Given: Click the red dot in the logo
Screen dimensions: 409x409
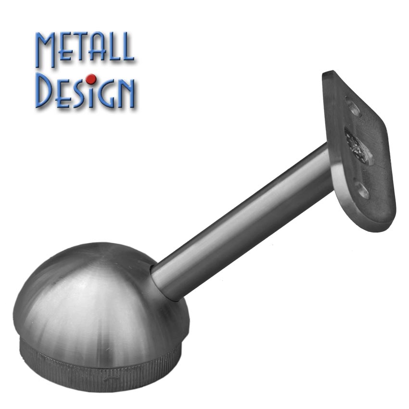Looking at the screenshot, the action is (91, 79).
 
